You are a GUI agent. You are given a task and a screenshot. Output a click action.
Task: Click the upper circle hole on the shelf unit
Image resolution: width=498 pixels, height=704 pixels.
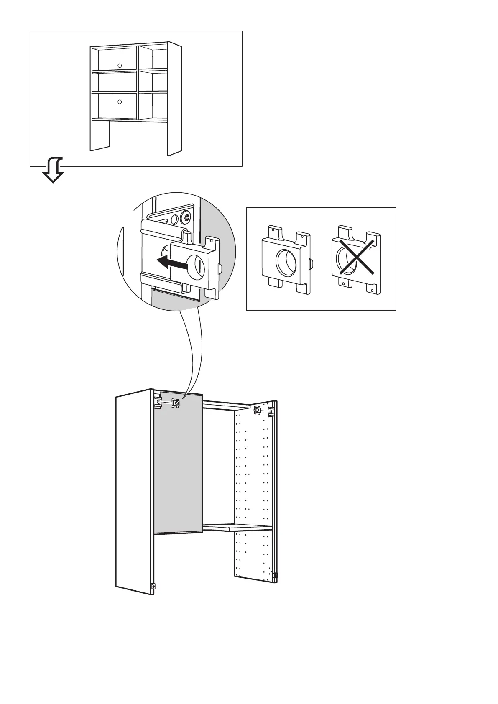pos(119,65)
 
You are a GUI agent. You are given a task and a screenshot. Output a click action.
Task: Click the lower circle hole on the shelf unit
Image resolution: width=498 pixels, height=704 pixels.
pos(119,102)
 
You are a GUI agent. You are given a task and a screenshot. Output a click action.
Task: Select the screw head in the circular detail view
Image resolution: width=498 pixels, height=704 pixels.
pos(186,217)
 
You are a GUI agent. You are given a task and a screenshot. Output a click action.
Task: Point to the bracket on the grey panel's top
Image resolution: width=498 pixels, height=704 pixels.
pos(175,403)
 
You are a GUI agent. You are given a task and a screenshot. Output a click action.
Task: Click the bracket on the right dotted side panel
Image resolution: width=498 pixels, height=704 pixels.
pos(257,411)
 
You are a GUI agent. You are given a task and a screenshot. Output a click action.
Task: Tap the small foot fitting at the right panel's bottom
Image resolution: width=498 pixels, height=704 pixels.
pos(276,576)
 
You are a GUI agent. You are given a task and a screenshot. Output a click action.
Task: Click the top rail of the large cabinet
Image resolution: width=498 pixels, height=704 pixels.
pos(226,403)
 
